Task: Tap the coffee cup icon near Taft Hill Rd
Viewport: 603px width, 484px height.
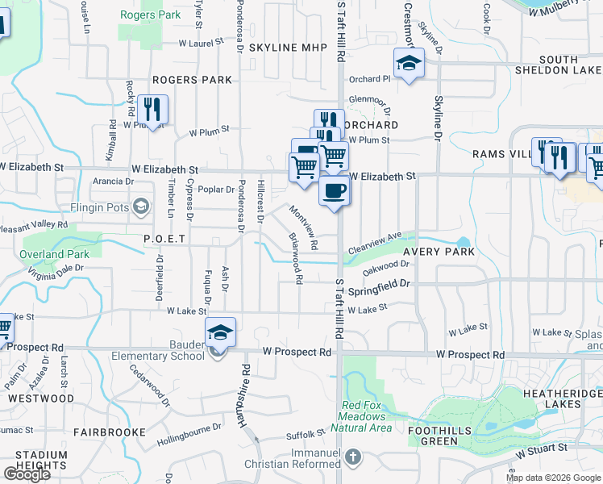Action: tap(335, 191)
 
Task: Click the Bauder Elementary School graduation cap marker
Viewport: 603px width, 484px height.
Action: tap(220, 332)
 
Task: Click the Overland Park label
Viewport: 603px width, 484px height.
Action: tap(54, 254)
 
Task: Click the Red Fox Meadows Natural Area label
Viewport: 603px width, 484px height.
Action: tap(367, 416)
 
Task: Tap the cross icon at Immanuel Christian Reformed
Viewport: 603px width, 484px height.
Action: tap(351, 458)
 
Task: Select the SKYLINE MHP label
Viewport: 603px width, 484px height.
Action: tap(288, 48)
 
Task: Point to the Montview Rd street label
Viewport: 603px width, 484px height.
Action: tap(305, 226)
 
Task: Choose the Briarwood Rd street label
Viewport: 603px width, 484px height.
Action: tap(294, 259)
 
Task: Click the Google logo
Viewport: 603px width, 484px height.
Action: tap(27, 474)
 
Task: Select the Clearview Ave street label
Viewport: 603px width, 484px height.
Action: tap(375, 244)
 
